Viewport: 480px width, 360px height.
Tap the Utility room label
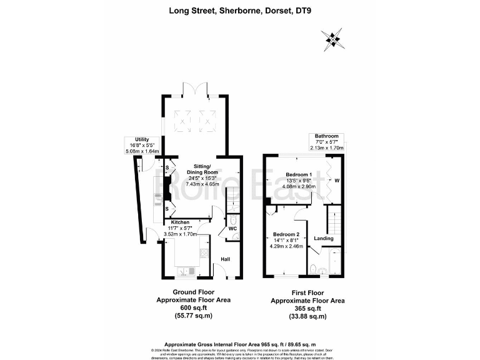coord(133,140)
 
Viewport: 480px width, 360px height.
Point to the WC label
coord(232,238)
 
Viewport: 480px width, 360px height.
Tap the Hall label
coord(226,259)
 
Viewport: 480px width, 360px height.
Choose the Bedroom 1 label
coord(297,174)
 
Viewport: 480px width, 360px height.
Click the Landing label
coord(323,239)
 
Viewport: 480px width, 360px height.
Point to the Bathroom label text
coord(326,137)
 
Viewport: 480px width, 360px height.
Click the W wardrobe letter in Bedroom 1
coord(337,182)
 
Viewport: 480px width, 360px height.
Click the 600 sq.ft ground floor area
coord(193,308)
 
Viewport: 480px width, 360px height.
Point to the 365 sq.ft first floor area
coord(307,308)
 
